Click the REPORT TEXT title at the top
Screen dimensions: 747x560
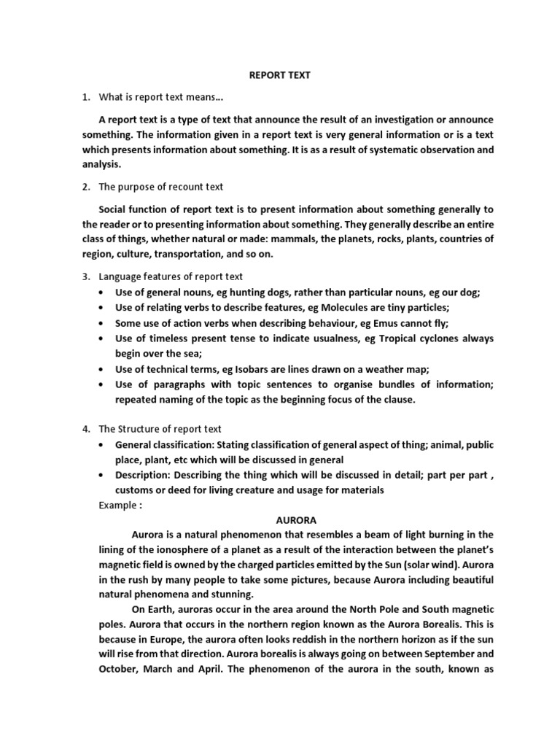(281, 74)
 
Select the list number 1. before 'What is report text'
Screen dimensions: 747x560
(85, 97)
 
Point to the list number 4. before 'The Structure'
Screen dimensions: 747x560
(85, 429)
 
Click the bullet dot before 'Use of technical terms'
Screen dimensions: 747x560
(100, 369)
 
